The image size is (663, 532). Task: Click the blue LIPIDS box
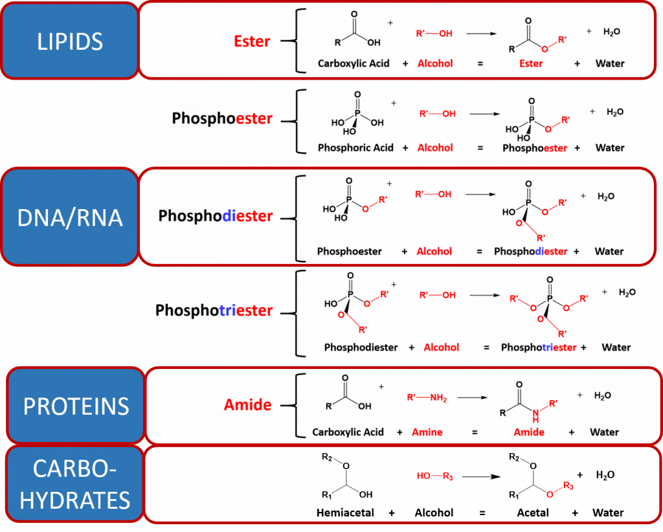tap(70, 41)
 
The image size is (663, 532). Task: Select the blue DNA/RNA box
tap(70, 217)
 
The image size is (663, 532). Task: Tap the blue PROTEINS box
tap(76, 406)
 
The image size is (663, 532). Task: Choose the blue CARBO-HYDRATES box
tap(74, 484)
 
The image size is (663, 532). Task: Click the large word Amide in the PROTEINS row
tap(247, 405)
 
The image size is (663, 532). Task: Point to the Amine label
tap(427, 432)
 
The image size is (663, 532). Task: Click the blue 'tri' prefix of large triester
tap(226, 311)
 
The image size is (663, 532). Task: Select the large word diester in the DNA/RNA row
tap(247, 216)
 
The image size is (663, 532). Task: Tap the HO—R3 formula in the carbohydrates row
tap(434, 477)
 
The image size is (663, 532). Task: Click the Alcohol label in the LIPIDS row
tap(434, 63)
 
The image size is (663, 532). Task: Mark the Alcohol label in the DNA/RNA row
tap(434, 252)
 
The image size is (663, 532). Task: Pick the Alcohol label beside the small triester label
tap(441, 348)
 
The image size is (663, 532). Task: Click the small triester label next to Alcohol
tap(559, 348)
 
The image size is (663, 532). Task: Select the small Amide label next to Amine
tap(529, 432)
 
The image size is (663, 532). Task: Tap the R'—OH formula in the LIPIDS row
tap(434, 34)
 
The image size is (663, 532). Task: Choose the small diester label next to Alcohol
tap(552, 252)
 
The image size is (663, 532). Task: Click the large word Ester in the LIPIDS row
tap(252, 41)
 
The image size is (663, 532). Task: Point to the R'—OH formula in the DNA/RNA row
tap(434, 194)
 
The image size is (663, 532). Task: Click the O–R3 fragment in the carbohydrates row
tap(560, 489)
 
